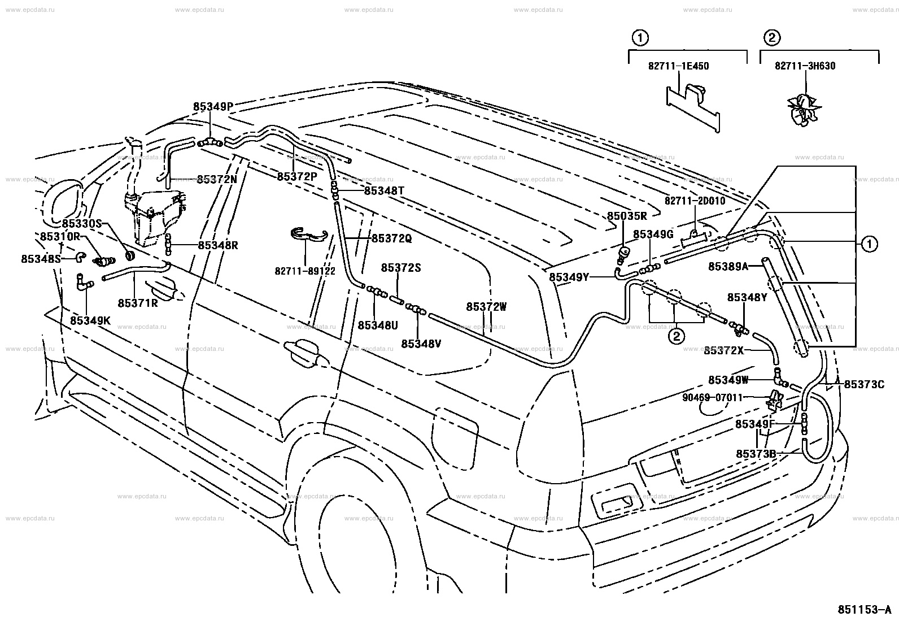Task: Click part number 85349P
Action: coord(213,106)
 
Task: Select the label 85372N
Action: coord(217,180)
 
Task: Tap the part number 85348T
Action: coord(384,190)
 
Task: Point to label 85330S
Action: coord(82,224)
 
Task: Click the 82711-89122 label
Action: coord(304,271)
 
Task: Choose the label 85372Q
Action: coord(392,238)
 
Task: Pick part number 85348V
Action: coord(421,344)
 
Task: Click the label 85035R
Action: coord(627,216)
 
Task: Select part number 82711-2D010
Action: coord(695,201)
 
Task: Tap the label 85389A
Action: coord(728,266)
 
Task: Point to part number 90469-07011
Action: coord(713,398)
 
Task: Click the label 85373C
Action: coord(864,384)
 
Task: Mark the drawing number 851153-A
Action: coord(864,609)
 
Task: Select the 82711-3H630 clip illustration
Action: coord(804,110)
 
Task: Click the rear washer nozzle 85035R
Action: coord(623,254)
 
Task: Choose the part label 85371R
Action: coord(138,303)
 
